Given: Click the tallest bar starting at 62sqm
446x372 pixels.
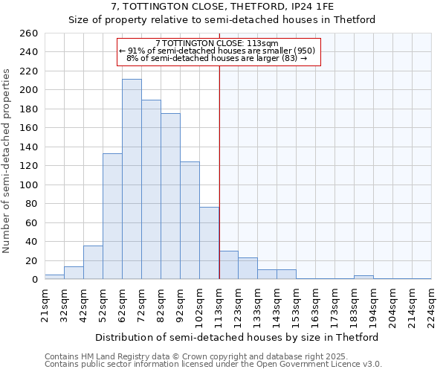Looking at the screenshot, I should coord(132,179).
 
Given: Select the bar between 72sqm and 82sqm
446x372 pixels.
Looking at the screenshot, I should coord(151,190).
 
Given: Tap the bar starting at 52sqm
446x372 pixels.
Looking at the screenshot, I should coord(112,217).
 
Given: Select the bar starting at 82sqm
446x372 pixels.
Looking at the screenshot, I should coord(170,196).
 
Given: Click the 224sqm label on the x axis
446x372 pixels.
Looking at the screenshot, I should coord(431,306).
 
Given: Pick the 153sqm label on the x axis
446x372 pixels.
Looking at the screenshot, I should coord(296,306).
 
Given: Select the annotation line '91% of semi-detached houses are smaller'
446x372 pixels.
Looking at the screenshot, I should coord(217,51).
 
